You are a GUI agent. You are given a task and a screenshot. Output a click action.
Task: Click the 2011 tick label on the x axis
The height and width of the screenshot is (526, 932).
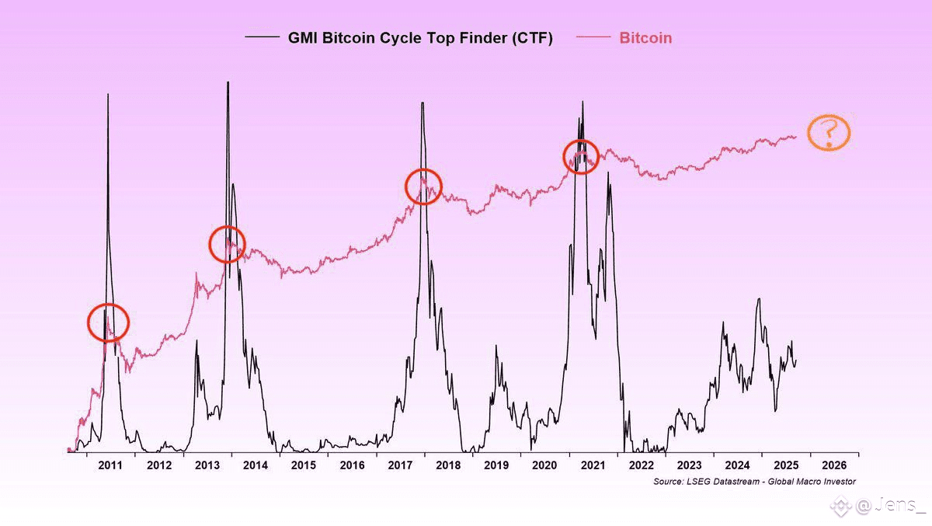110,465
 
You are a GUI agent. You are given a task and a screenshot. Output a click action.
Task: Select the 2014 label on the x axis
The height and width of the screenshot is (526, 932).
255,465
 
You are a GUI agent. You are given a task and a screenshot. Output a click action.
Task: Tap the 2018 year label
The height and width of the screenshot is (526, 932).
448,465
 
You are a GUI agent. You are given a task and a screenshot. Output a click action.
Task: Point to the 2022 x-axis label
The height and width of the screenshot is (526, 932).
641,465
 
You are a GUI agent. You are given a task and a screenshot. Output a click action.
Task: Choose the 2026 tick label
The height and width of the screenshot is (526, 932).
834,465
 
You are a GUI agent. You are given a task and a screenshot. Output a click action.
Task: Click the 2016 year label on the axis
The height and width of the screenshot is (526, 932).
352,465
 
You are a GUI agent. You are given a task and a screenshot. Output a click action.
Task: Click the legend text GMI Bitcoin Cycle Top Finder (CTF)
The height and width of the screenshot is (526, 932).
420,37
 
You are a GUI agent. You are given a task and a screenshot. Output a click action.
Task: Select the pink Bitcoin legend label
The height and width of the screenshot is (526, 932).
645,37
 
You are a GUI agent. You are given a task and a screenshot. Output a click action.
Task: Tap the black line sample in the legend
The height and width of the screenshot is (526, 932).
262,37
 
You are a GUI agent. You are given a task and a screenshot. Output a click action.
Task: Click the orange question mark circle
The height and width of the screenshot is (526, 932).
829,133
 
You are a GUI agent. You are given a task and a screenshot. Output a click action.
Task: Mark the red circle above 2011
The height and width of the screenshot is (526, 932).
108,322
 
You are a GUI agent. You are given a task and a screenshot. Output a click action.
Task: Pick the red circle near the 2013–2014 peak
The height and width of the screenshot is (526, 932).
228,244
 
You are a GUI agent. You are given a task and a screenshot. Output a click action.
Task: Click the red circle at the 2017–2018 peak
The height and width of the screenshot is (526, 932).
424,186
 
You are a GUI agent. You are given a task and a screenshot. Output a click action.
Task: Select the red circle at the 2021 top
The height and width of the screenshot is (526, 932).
581,157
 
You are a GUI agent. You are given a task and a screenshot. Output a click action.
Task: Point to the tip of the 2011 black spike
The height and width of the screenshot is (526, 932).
107,94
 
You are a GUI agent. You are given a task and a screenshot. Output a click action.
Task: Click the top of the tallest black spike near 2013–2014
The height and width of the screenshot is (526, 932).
228,82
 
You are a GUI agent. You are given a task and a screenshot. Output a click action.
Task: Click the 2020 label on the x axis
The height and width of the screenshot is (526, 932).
544,465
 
